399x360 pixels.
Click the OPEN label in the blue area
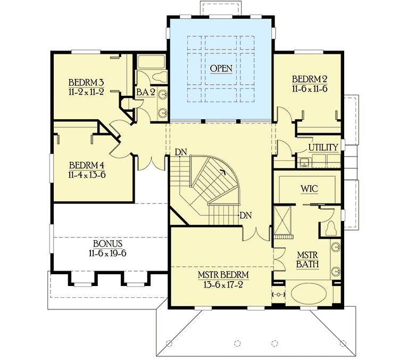(x=221, y=69)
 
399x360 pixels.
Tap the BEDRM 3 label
(x=86, y=83)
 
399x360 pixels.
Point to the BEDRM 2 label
(x=309, y=79)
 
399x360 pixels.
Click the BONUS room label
(x=88, y=244)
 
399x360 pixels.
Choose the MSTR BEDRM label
(x=223, y=275)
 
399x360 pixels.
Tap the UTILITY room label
(x=323, y=148)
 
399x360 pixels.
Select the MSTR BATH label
(x=307, y=260)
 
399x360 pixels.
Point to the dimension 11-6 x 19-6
(x=88, y=253)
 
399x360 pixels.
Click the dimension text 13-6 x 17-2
(x=223, y=284)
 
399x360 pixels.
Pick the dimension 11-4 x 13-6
(x=86, y=174)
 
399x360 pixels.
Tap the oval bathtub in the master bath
(x=310, y=296)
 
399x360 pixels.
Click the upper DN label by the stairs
(x=181, y=153)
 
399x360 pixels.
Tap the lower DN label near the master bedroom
(x=245, y=216)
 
